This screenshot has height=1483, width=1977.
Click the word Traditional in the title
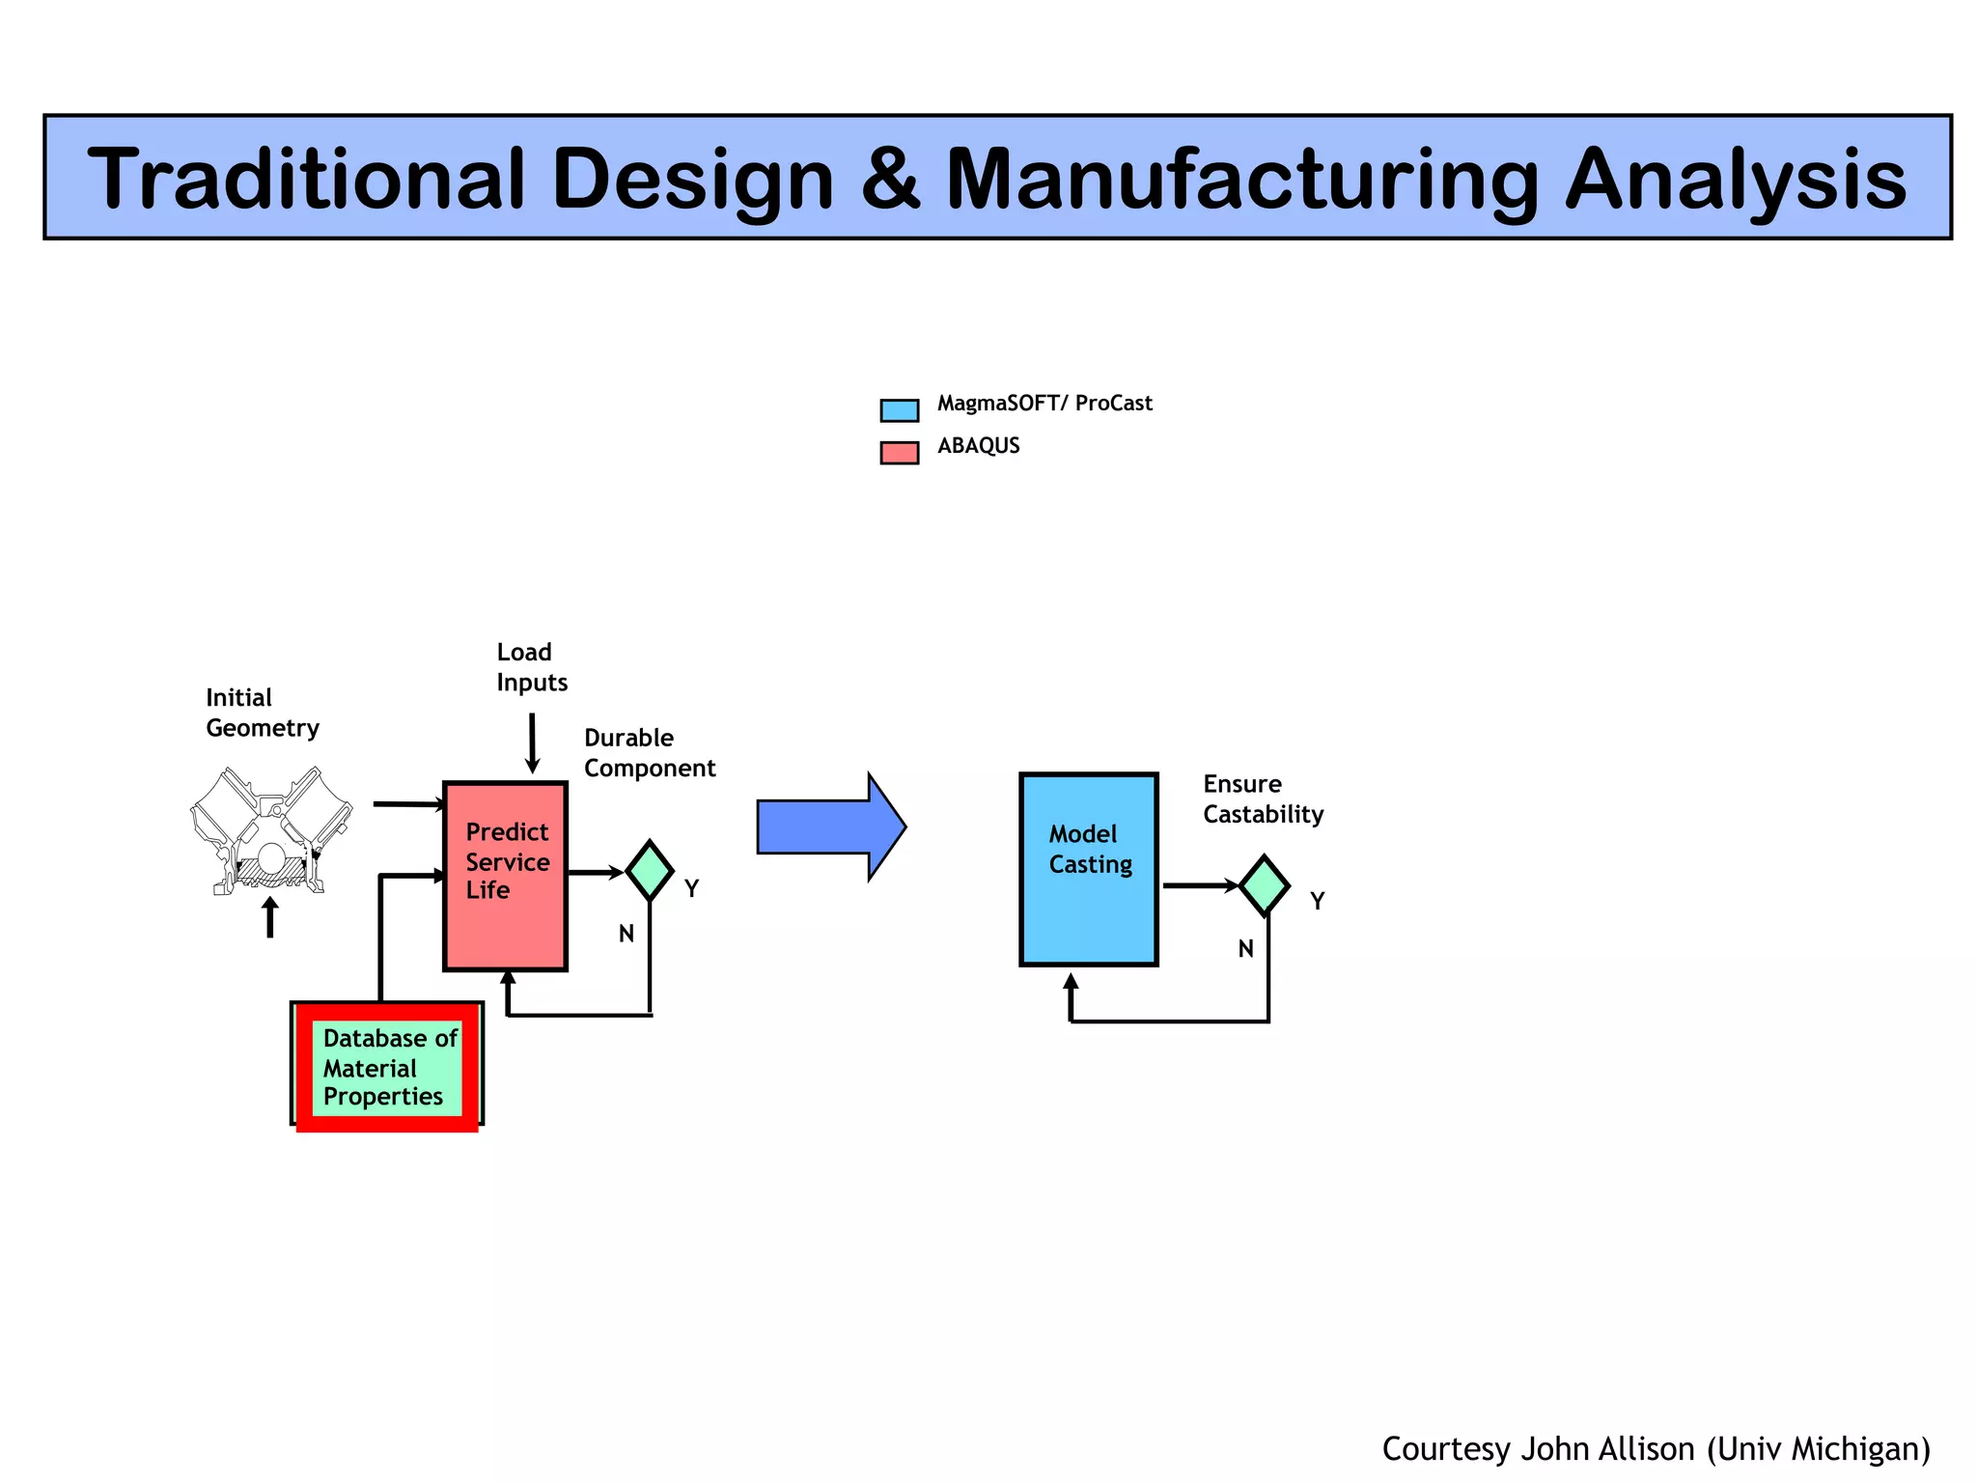(x=306, y=180)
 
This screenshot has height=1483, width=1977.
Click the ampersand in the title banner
(x=890, y=180)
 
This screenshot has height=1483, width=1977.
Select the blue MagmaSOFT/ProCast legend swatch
(x=899, y=410)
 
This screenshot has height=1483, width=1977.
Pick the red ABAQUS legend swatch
(x=899, y=453)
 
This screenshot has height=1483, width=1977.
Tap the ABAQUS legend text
(x=978, y=446)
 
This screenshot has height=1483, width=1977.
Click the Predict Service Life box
(x=505, y=876)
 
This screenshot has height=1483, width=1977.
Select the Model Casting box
(x=1088, y=869)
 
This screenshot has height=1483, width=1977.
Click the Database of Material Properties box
(x=387, y=1067)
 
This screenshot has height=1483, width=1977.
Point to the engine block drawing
(x=270, y=830)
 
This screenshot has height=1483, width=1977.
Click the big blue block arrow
(x=830, y=826)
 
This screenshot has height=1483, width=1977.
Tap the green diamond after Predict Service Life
(x=650, y=871)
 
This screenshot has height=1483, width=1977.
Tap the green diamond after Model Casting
(x=1264, y=885)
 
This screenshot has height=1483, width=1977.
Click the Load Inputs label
(x=531, y=667)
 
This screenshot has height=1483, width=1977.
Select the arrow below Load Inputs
(x=532, y=743)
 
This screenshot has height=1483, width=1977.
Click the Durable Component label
(x=649, y=753)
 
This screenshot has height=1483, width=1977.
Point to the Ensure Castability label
(x=1262, y=799)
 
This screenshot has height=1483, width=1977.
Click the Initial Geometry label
(x=262, y=713)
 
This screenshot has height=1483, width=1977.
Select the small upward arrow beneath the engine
(x=270, y=917)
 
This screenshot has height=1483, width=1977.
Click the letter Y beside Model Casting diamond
(x=1317, y=901)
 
